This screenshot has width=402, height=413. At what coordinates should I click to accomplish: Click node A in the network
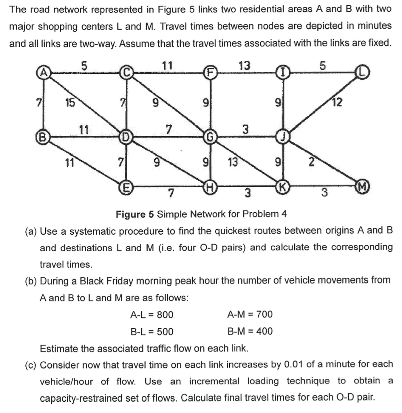click(x=44, y=73)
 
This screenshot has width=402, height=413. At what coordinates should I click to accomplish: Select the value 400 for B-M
click(x=264, y=332)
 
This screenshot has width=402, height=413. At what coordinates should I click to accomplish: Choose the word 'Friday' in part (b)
click(x=122, y=280)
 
